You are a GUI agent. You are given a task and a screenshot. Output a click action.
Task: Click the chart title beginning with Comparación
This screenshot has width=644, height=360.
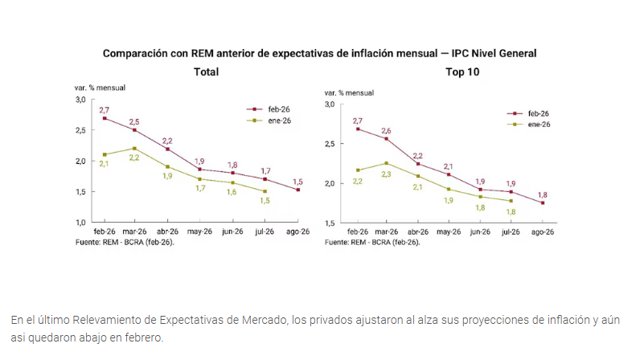point(319,53)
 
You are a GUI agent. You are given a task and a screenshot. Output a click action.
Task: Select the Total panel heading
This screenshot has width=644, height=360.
point(206,72)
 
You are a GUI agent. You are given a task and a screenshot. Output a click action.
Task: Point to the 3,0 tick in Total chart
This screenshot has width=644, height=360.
point(80,99)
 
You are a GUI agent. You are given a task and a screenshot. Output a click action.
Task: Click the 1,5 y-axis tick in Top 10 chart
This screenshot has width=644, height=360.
point(330,222)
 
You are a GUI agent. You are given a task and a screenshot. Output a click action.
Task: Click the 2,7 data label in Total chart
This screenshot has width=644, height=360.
point(105,109)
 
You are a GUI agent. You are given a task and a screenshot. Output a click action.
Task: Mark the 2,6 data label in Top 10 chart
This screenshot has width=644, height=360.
point(387,130)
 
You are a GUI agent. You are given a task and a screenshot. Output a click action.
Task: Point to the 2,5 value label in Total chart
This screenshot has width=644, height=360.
point(134,121)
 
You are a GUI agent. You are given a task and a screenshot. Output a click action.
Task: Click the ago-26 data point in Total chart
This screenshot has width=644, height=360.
point(297,190)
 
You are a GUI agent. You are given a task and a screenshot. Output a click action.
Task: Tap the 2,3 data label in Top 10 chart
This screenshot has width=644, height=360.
point(388,174)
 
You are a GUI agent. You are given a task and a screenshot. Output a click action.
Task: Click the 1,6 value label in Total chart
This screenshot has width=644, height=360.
point(232,192)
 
